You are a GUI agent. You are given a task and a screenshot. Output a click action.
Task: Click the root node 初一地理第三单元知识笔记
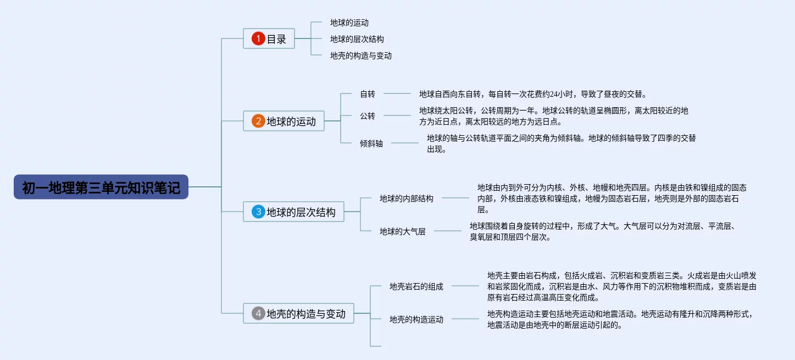tap(101, 187)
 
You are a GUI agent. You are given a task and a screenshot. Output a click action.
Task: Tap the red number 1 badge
tap(258, 39)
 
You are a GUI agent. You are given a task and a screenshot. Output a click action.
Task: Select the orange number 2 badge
tap(258, 121)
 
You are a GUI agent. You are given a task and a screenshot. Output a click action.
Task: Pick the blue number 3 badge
tap(258, 212)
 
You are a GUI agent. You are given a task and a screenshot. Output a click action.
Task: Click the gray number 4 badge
tap(258, 314)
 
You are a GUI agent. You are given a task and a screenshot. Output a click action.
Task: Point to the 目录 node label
tap(276, 39)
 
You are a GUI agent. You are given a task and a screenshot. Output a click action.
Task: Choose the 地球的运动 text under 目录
tap(349, 23)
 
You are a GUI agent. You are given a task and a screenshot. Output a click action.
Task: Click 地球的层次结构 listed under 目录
tap(357, 40)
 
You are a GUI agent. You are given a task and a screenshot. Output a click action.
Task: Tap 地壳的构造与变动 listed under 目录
tap(360, 56)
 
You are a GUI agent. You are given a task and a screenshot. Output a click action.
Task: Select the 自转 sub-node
tap(368, 94)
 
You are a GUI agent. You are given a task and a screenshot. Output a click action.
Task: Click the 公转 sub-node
tap(368, 115)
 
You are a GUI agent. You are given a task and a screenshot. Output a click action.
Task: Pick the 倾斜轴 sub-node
tap(371, 143)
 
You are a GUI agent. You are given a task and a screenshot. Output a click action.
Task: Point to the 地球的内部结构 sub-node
tap(406, 198)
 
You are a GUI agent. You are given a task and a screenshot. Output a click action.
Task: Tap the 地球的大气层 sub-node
tap(402, 231)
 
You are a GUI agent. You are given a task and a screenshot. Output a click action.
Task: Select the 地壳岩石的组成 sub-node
tap(416, 286)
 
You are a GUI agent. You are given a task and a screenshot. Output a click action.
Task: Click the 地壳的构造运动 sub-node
tap(416, 319)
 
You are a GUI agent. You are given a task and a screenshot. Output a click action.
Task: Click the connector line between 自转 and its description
tap(397, 94)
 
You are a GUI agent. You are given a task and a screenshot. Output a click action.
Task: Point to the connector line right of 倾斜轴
tap(404, 143)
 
